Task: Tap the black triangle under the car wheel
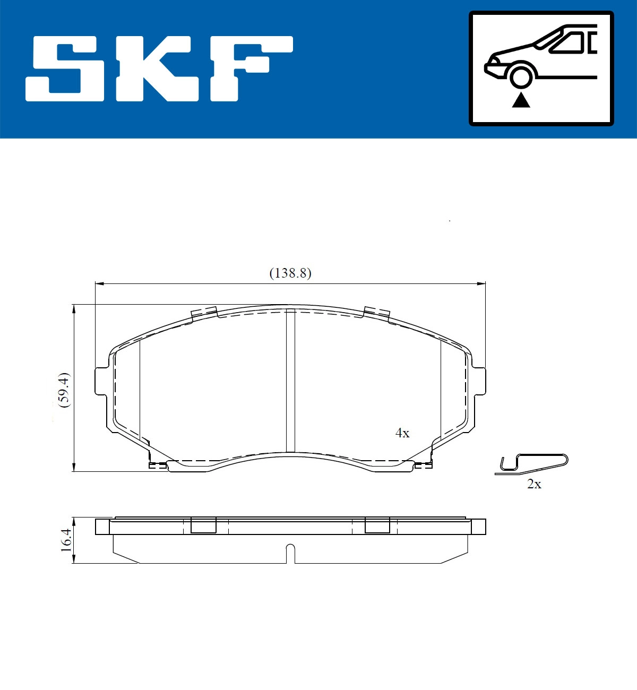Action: click(521, 100)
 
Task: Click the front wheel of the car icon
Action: click(520, 75)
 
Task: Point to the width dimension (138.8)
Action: click(290, 273)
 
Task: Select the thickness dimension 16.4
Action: click(66, 540)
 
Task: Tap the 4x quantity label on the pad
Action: click(402, 433)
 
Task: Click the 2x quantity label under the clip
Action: click(534, 484)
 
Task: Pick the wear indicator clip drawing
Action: click(533, 463)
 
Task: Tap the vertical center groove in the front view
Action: click(290, 380)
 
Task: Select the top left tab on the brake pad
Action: click(204, 313)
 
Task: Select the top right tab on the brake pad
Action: click(377, 313)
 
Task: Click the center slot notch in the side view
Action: click(290, 553)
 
